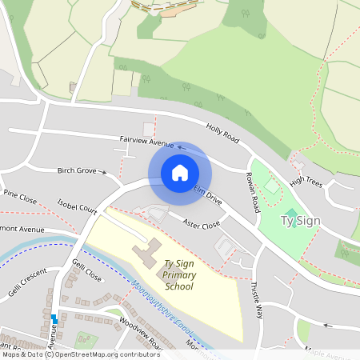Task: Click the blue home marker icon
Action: click(180, 173)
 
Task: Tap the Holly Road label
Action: click(222, 133)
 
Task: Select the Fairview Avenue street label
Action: click(146, 142)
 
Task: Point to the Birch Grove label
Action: click(77, 170)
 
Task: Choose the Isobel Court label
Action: click(77, 207)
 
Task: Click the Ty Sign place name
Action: click(300, 219)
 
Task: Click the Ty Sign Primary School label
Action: click(179, 274)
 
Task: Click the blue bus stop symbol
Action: click(54, 318)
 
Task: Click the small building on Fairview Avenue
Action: click(149, 129)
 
